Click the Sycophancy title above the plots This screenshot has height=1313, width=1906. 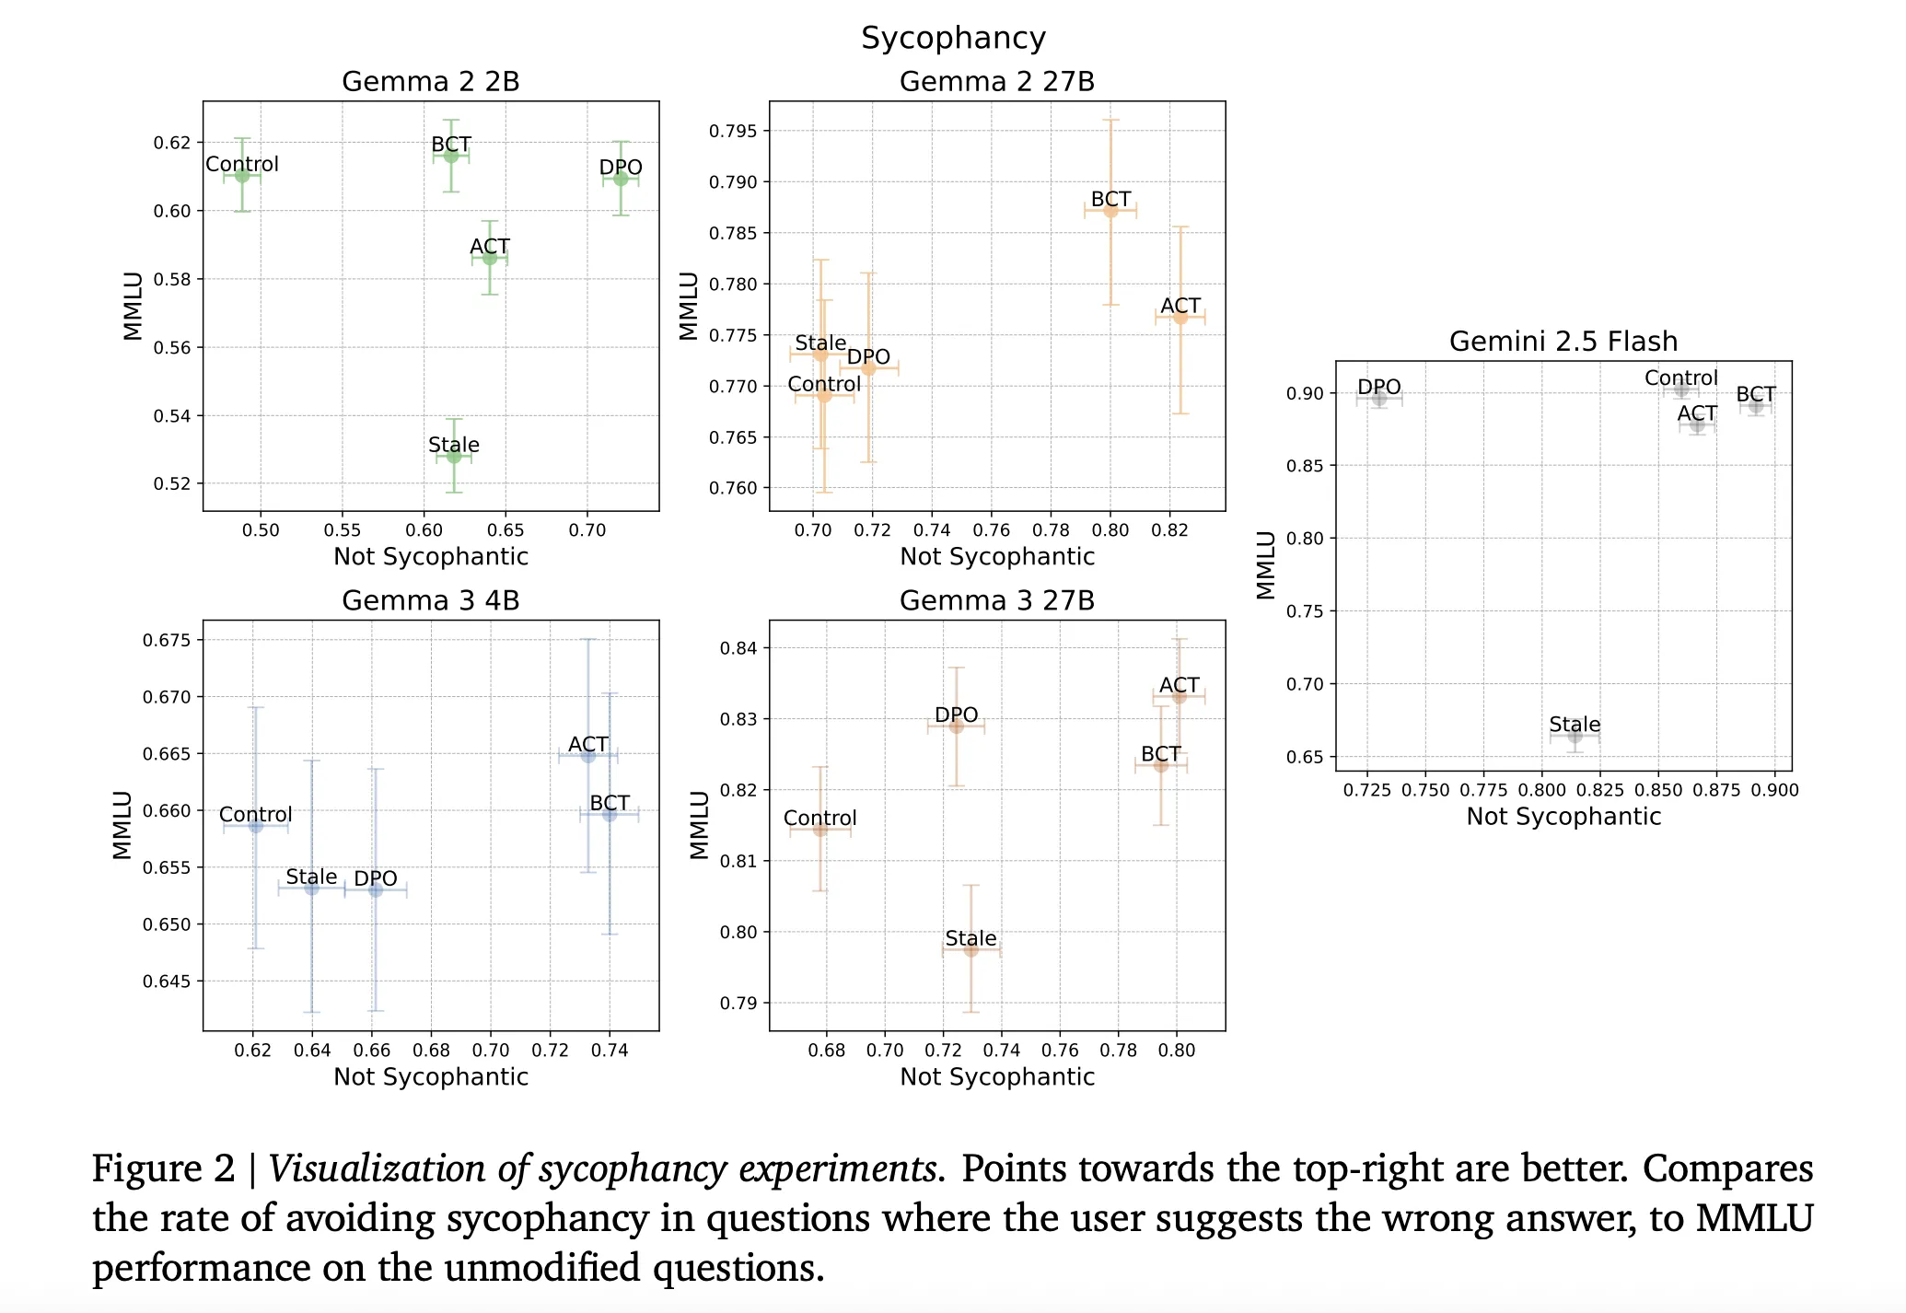point(953,38)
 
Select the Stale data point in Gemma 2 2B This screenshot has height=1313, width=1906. point(454,456)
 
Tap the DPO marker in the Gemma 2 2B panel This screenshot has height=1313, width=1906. point(621,179)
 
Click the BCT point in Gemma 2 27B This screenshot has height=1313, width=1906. point(1110,211)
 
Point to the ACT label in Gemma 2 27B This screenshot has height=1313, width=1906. point(1180,306)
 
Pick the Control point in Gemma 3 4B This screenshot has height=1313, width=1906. point(256,826)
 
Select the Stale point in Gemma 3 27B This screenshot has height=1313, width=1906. point(970,949)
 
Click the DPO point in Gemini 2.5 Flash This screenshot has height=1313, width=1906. point(1378,399)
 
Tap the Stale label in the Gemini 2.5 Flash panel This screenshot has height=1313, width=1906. point(1575,725)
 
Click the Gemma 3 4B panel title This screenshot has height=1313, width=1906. point(430,601)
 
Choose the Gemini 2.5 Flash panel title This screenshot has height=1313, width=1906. point(1563,342)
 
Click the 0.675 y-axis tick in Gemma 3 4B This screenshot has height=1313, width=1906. point(167,641)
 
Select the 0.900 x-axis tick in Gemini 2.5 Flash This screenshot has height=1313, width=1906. point(1774,790)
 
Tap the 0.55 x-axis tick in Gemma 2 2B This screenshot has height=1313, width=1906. point(342,530)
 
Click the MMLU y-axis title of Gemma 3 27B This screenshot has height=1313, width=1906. point(700,825)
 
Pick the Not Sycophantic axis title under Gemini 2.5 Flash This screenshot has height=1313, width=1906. point(1563,817)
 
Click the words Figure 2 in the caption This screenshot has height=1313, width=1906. point(163,1169)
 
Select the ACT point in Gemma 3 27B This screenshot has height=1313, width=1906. point(1179,696)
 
